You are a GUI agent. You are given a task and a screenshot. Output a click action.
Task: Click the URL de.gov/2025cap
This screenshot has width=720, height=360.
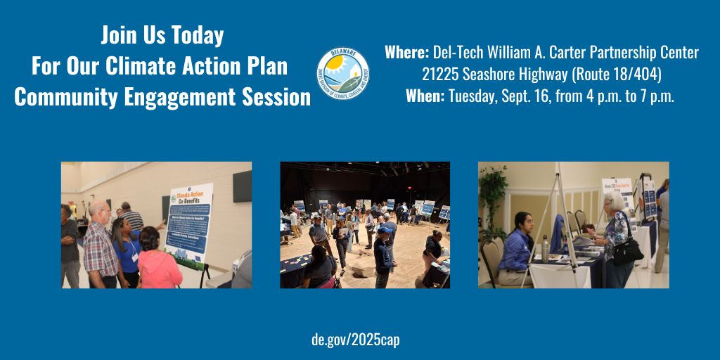[355, 340]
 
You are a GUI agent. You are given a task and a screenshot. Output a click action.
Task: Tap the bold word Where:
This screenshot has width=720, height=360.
[406, 53]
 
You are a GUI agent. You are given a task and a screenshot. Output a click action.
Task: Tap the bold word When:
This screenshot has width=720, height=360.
[425, 96]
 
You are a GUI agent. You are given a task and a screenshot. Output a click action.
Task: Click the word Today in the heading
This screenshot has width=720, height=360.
[196, 35]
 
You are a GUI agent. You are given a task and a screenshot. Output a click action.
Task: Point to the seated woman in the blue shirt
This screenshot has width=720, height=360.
[517, 246]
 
